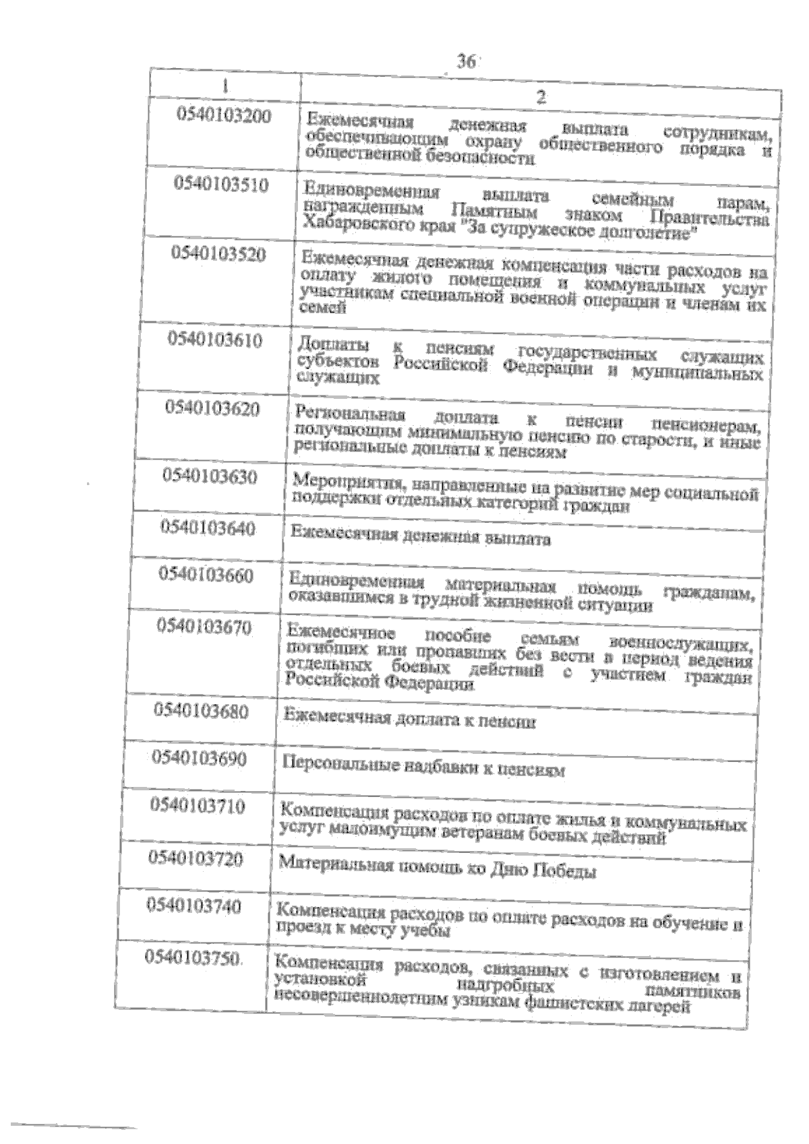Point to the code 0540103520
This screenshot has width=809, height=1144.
[218, 254]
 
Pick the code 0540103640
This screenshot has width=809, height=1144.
[208, 528]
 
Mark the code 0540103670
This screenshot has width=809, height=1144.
[204, 627]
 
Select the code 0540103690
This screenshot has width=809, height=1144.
[200, 759]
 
